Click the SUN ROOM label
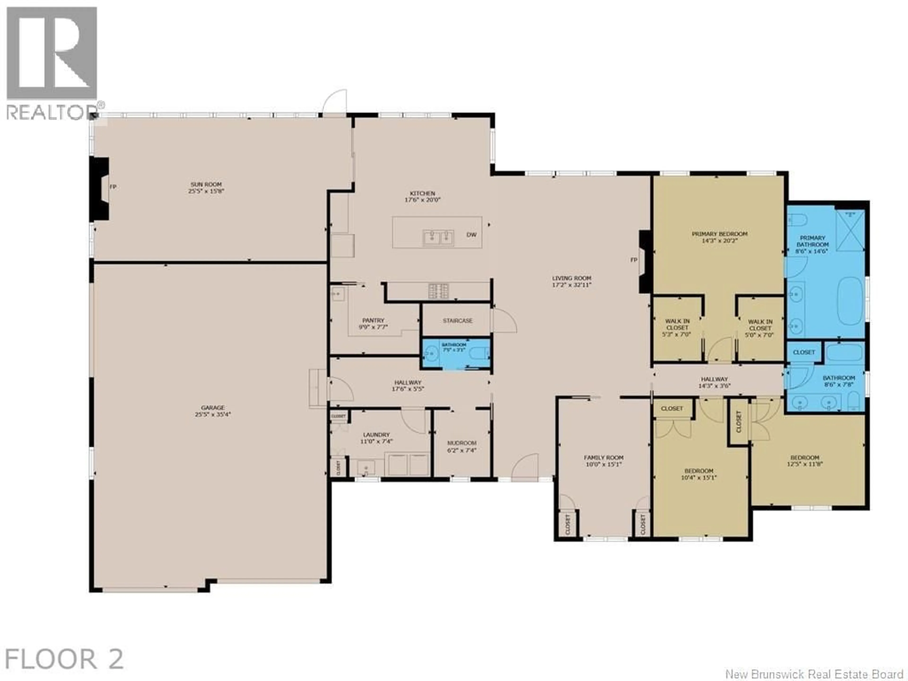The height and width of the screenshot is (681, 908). click(206, 185)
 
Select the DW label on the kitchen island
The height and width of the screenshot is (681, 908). click(472, 235)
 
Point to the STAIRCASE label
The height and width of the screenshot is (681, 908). click(457, 321)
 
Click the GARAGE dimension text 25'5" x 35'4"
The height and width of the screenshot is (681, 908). click(213, 415)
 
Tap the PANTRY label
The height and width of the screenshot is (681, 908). click(373, 320)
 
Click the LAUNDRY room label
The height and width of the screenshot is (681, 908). click(376, 435)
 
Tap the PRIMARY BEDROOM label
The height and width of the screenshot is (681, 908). click(720, 234)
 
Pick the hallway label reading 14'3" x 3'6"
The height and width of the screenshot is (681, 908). click(714, 386)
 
